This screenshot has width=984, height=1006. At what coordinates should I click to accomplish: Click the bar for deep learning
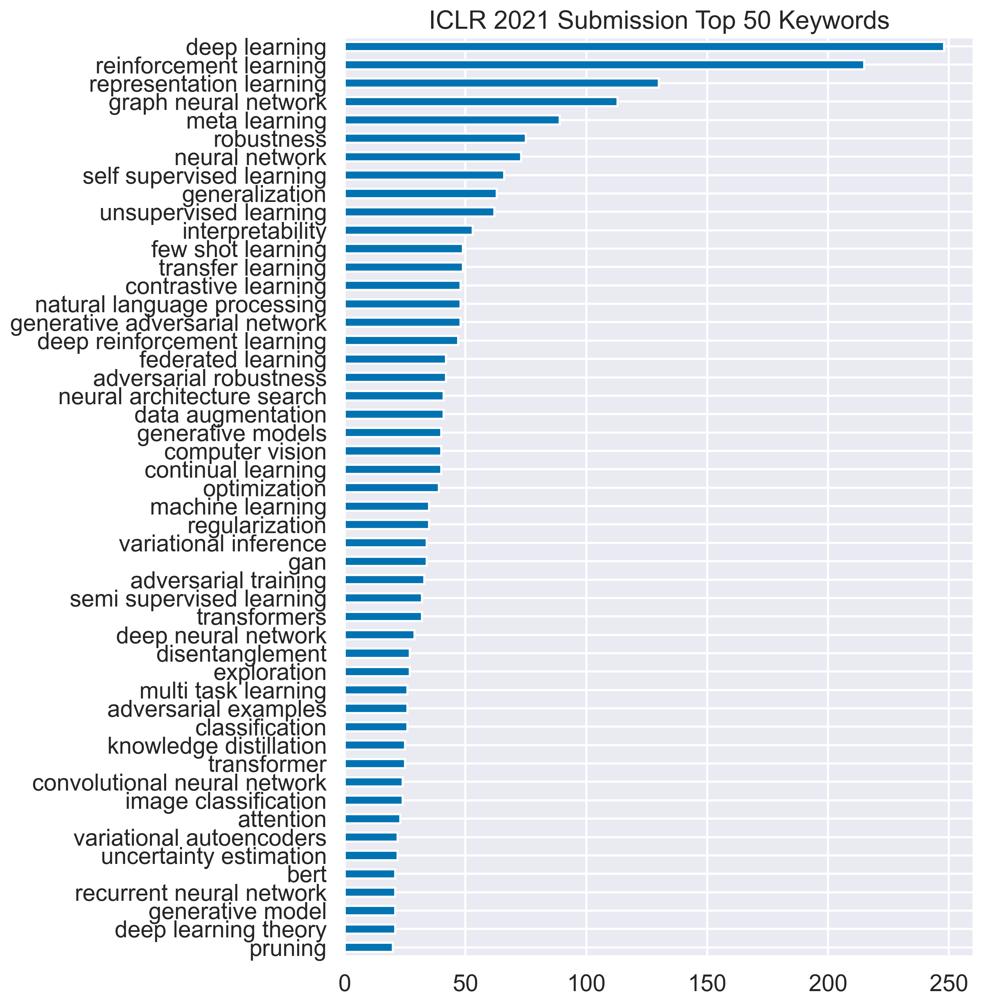(x=644, y=46)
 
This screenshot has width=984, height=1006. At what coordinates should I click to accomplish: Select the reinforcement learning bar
(x=604, y=65)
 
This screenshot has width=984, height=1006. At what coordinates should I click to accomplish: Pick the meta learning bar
(x=452, y=120)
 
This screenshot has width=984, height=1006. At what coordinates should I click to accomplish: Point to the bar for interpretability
(x=408, y=230)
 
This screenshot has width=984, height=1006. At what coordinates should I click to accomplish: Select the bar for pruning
(x=368, y=947)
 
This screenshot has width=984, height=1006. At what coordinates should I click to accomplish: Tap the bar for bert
(x=370, y=874)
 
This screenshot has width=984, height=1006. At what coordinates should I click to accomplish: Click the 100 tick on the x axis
(x=586, y=983)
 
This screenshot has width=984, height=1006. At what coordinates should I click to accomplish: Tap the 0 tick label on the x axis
(x=345, y=983)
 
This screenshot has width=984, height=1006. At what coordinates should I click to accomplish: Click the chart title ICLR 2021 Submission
(x=659, y=21)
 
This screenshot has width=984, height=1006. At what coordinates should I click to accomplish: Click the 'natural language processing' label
(x=181, y=304)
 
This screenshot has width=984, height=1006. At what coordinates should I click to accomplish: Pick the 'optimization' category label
(x=265, y=488)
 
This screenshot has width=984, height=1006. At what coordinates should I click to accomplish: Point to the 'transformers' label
(x=262, y=617)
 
